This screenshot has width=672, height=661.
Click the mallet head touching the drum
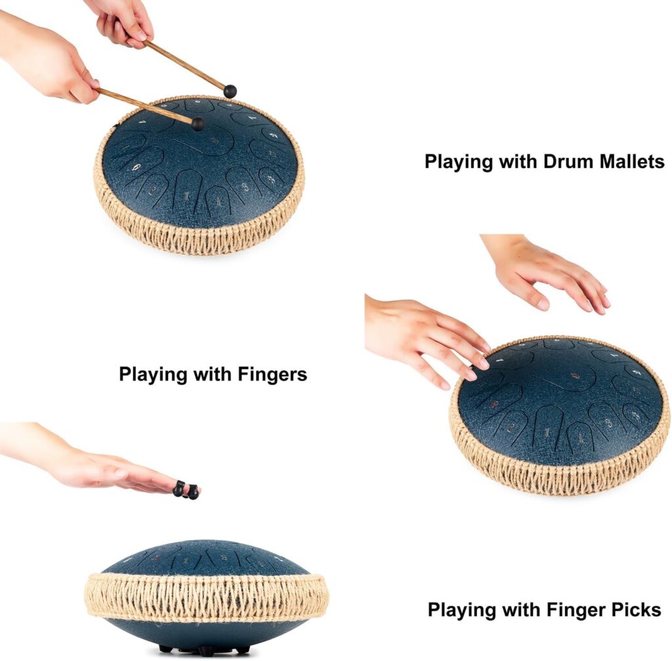pyautogui.click(x=198, y=124)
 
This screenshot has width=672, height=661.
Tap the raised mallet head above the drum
pyautogui.click(x=230, y=91)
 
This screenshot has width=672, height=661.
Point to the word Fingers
pyautogui.click(x=272, y=374)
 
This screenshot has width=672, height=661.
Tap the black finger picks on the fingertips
pyautogui.click(x=186, y=491)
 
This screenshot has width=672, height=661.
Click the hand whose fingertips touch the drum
pyautogui.click(x=425, y=338)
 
